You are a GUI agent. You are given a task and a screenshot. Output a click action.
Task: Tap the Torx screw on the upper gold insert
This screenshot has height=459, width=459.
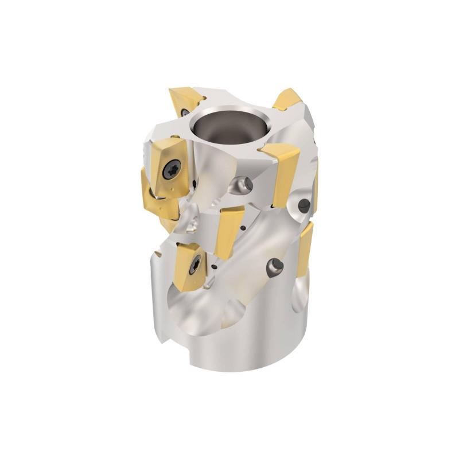[172, 168]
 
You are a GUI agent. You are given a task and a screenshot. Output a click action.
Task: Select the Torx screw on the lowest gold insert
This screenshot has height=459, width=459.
[195, 264]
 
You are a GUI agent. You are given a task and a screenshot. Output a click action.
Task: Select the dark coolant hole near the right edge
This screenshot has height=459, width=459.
[305, 205]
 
